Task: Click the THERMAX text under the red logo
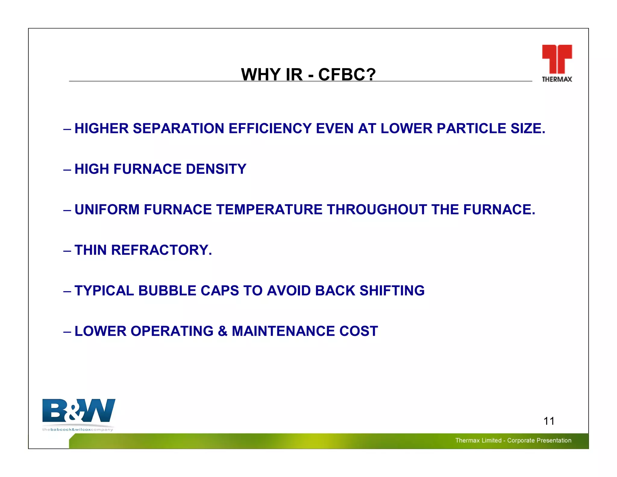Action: pyautogui.click(x=557, y=79)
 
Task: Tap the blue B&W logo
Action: pyautogui.click(x=79, y=411)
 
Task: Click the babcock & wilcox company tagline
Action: pyautogui.click(x=78, y=429)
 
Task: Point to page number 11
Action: pyautogui.click(x=549, y=421)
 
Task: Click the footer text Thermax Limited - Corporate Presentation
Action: pyautogui.click(x=513, y=440)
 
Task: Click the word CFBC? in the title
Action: pyautogui.click(x=347, y=74)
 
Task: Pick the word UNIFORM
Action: pyautogui.click(x=107, y=210)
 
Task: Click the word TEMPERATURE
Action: pyautogui.click(x=269, y=210)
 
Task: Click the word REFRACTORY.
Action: pyautogui.click(x=161, y=250)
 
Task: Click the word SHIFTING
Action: pyautogui.click(x=392, y=291)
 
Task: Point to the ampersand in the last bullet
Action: pyautogui.click(x=222, y=331)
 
